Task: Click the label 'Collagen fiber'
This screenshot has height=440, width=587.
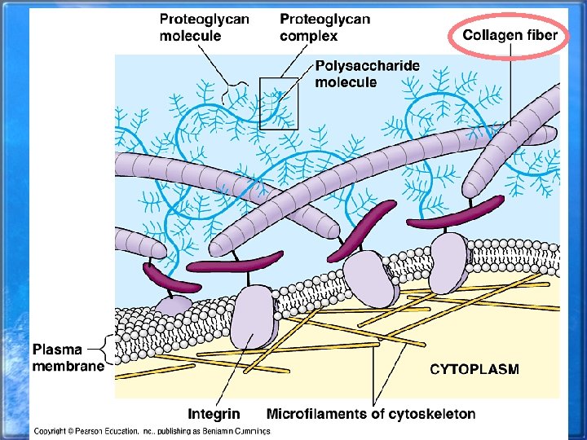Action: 510,35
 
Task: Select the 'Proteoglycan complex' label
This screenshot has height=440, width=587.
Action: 324,27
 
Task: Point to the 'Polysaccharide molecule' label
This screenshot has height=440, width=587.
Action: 356,73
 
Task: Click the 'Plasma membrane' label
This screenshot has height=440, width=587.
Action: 68,358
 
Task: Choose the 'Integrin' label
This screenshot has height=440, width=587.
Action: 214,414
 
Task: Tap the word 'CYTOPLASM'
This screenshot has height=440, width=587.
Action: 474,369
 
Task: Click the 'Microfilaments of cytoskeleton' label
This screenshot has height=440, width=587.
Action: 371,414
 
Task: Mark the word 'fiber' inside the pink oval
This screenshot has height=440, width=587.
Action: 541,35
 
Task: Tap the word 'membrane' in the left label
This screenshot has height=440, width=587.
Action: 68,366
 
